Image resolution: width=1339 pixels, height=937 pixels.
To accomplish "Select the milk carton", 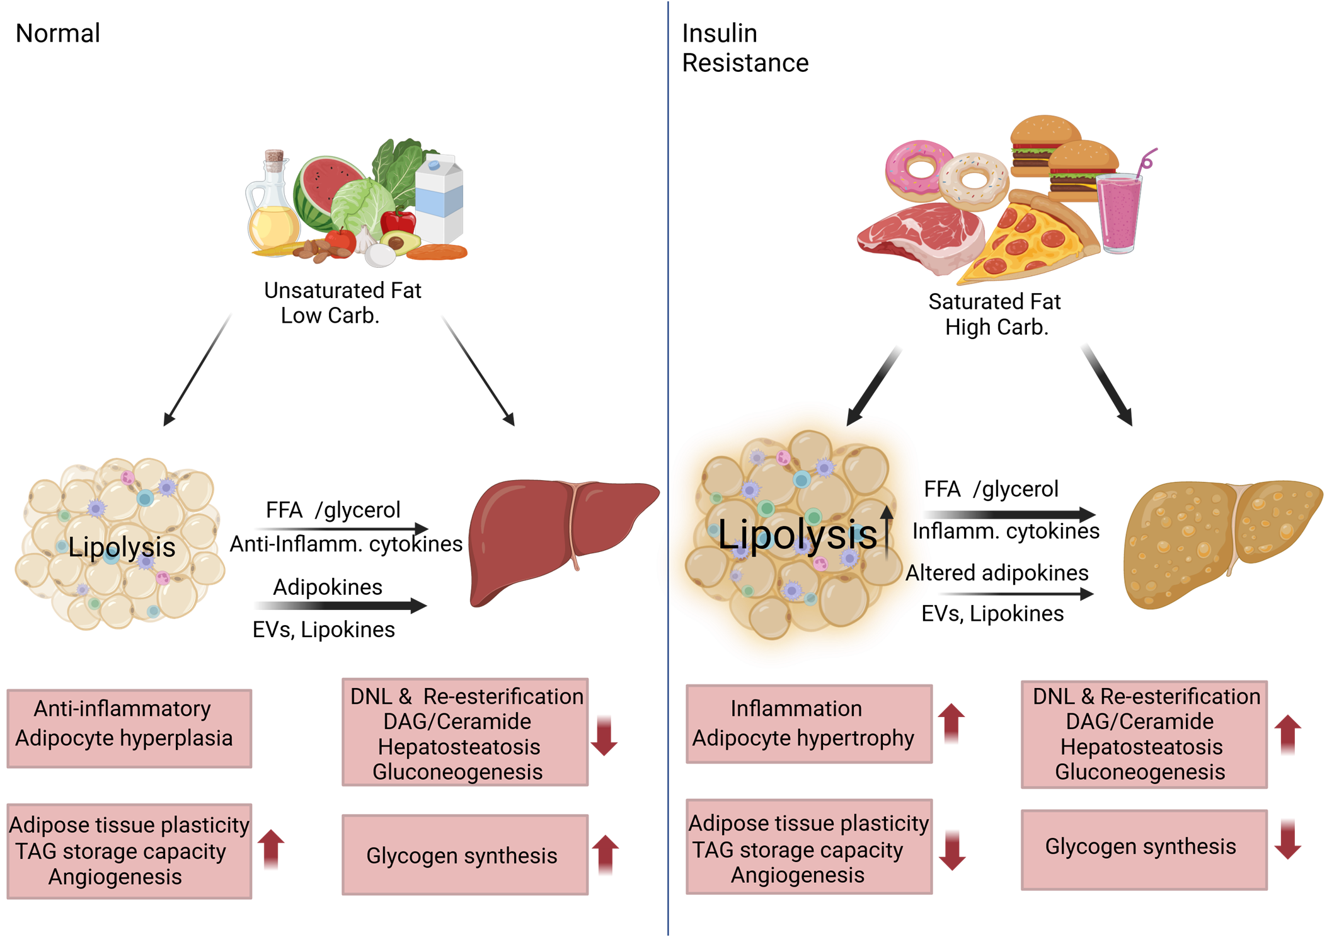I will pos(439,198).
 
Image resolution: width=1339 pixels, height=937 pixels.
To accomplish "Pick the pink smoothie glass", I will pos(1119,211).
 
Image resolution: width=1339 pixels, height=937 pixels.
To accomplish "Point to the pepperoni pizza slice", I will pos(1027,243).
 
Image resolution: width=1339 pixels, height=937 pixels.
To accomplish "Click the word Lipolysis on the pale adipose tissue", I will pos(122,547).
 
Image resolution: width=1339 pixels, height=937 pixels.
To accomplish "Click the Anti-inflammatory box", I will pos(129,728).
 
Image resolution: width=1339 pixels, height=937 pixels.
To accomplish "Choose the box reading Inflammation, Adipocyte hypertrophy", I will pos(808,724).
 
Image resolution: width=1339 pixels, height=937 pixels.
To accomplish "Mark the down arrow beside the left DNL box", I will pos(604,735).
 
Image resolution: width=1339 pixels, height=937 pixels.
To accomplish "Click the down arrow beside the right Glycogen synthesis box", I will pos(1287,839).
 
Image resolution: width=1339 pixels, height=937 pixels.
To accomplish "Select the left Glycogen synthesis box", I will pos(465,855).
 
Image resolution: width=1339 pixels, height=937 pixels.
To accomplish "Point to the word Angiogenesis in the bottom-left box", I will pos(115,877).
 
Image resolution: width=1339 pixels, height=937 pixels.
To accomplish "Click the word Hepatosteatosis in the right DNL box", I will pos(1141,747).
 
